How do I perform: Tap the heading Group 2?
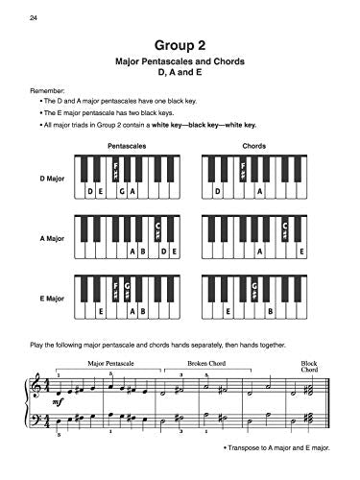click(180, 44)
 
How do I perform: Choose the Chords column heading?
click(254, 145)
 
